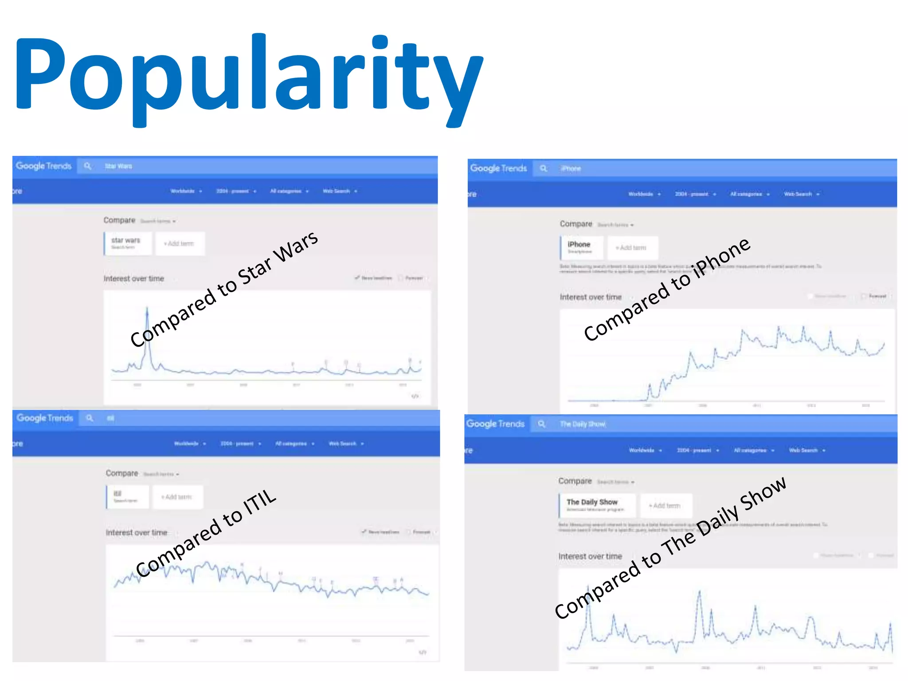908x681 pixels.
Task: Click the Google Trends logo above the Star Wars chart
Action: [x=43, y=166]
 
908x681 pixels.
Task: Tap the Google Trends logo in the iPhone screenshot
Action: [x=498, y=168]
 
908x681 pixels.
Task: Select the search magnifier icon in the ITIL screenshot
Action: [x=90, y=418]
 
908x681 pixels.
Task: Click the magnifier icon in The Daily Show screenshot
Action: [x=542, y=424]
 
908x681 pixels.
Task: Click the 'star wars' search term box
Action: [x=128, y=243]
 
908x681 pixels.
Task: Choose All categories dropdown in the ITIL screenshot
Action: [x=294, y=444]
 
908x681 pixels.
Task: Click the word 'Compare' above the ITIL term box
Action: [x=122, y=474]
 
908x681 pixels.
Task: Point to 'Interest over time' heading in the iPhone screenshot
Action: [x=591, y=297]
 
